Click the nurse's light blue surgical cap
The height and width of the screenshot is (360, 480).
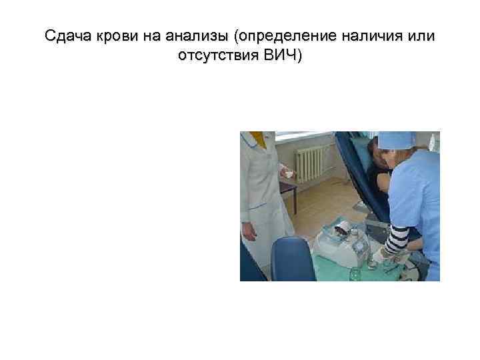tap(396, 140)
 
